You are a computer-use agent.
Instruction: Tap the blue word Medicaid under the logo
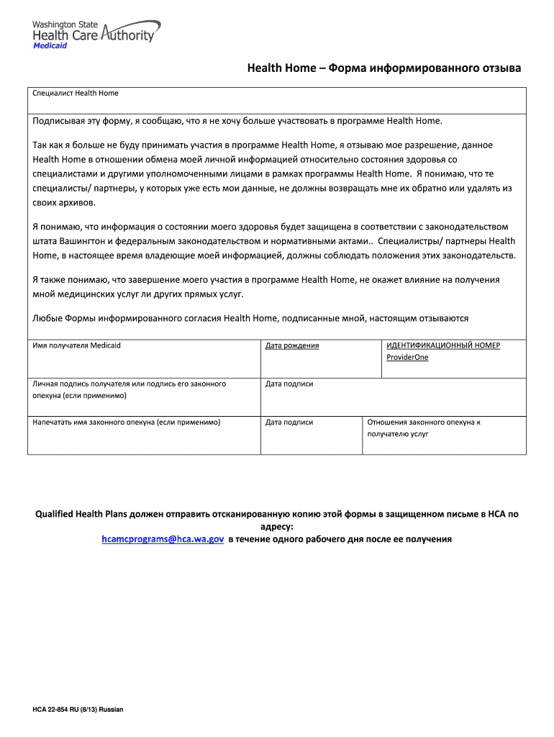pos(50,45)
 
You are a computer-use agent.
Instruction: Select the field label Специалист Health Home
pos(76,93)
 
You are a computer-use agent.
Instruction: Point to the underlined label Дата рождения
pos(291,345)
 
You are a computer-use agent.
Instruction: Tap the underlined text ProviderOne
pos(407,357)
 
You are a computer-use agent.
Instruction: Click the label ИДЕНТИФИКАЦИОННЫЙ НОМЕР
pos(443,345)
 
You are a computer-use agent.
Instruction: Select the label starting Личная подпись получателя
pos(130,384)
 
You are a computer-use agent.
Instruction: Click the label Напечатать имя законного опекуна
pos(127,422)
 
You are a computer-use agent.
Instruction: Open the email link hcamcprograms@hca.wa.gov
pos(163,538)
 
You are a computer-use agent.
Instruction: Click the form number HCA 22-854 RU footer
pos(78,710)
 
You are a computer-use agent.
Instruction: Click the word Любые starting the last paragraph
pos(48,317)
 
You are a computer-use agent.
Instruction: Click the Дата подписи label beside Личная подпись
pos(289,384)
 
